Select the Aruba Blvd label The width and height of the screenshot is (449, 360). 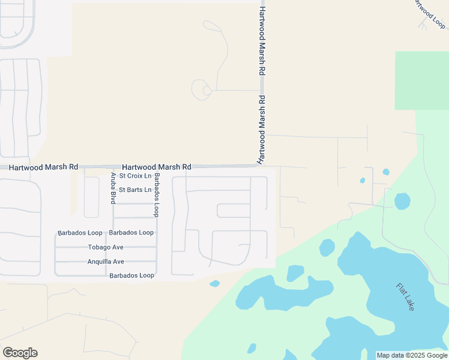tap(113, 188)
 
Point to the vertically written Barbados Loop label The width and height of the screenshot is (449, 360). tap(156, 195)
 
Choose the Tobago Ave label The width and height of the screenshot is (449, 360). tap(106, 247)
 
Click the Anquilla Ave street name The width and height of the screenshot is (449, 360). tap(106, 262)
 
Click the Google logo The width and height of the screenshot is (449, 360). tap(20, 353)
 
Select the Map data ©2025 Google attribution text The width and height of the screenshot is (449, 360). tap(412, 355)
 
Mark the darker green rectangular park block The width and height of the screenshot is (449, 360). tap(421, 80)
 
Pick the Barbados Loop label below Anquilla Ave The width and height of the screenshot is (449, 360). tap(131, 275)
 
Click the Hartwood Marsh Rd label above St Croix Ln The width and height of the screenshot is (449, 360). tap(157, 167)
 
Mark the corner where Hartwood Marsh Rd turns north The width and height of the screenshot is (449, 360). tap(262, 165)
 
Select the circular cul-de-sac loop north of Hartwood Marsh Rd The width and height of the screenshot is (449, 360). tap(200, 90)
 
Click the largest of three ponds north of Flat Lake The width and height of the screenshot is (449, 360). tap(402, 201)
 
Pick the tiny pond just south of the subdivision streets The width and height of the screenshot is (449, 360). tap(214, 283)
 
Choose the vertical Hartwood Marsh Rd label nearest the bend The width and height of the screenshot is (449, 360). tap(262, 130)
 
